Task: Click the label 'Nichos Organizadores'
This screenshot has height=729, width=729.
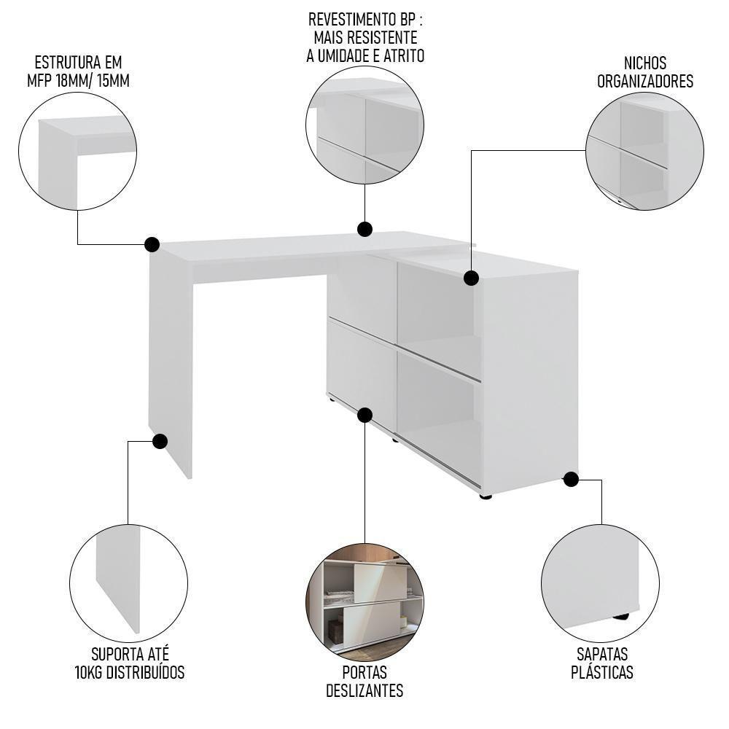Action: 645,72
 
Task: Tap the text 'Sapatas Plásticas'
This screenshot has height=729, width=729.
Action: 601,663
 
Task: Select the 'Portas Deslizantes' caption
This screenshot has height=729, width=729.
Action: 364,681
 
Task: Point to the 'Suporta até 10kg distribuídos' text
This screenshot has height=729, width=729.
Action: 130,663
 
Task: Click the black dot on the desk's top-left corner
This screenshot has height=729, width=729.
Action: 152,244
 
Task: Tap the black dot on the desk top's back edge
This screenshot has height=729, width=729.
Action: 364,230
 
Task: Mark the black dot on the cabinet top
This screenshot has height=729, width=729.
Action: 471,278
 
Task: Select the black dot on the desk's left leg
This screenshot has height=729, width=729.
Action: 160,441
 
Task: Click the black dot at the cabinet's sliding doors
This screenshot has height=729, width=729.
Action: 365,415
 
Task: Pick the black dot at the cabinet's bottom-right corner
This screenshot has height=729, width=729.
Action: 571,479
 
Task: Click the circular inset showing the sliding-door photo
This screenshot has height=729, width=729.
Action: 364,602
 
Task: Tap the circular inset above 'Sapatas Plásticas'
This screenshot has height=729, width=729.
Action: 600,582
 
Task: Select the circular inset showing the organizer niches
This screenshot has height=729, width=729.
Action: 644,151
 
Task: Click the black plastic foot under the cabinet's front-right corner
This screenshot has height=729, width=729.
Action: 486,496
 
